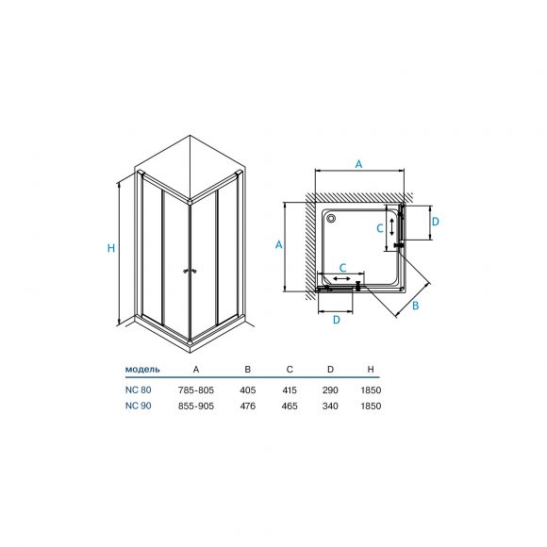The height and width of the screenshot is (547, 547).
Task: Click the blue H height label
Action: click(x=111, y=248)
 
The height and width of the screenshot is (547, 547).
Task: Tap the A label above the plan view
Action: click(x=358, y=164)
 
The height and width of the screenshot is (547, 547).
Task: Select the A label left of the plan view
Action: click(x=278, y=245)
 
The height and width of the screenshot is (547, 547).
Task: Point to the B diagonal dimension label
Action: click(x=415, y=306)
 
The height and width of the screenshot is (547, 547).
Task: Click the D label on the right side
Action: click(x=435, y=222)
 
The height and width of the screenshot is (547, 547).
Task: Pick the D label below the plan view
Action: click(x=337, y=320)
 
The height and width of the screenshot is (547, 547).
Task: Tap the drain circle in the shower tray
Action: click(x=331, y=219)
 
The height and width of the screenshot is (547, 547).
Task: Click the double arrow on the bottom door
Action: click(x=341, y=278)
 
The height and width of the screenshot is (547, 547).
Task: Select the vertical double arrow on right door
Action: click(x=392, y=226)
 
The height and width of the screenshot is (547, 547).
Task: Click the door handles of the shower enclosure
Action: click(x=191, y=271)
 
